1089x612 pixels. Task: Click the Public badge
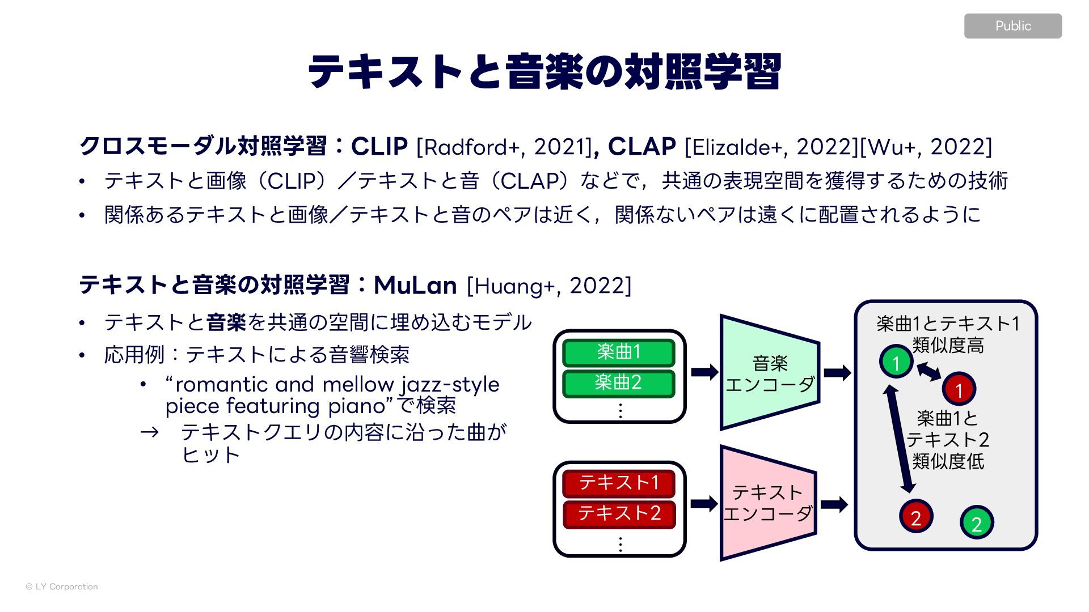tap(1012, 26)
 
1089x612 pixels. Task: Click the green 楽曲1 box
tap(618, 352)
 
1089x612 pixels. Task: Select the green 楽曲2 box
tap(618, 383)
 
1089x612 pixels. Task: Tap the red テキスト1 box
tap(619, 483)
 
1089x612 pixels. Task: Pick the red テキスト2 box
tap(619, 513)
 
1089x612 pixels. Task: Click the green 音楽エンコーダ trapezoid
tap(770, 373)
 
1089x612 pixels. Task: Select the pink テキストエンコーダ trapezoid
tap(768, 503)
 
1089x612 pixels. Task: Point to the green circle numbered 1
tap(896, 362)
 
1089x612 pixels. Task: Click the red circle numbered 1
tap(959, 390)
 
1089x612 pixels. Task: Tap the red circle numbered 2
tap(915, 517)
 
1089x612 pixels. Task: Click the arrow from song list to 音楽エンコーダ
tap(704, 372)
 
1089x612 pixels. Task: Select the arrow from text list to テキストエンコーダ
tap(704, 503)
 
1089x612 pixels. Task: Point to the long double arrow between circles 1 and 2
tap(900, 439)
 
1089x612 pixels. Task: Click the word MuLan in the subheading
tap(415, 285)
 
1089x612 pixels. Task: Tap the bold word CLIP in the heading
tap(379, 147)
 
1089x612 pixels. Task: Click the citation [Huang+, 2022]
tap(548, 286)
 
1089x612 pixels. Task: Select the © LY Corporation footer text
tap(62, 586)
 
